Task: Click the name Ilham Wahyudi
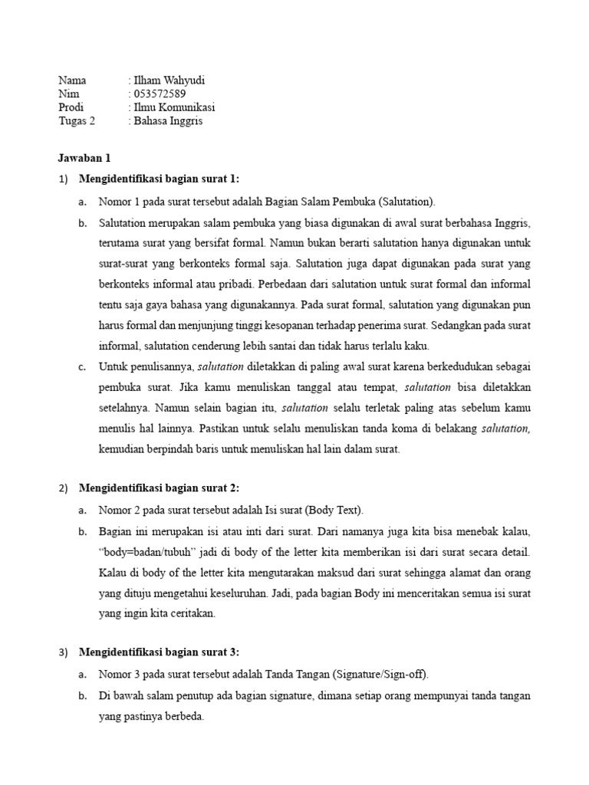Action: pyautogui.click(x=169, y=80)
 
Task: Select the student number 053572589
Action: pyautogui.click(x=160, y=94)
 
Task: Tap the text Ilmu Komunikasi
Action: pyautogui.click(x=174, y=107)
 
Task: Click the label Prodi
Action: pyautogui.click(x=71, y=107)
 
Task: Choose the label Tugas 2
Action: pyautogui.click(x=77, y=121)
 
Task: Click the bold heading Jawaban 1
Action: pyautogui.click(x=84, y=158)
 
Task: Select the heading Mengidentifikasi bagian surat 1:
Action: pyautogui.click(x=160, y=179)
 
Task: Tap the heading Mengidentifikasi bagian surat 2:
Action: pyautogui.click(x=160, y=488)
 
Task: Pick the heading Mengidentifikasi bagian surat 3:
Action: pyautogui.click(x=160, y=652)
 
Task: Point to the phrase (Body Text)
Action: pyautogui.click(x=334, y=510)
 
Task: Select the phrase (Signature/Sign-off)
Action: pyautogui.click(x=382, y=675)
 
